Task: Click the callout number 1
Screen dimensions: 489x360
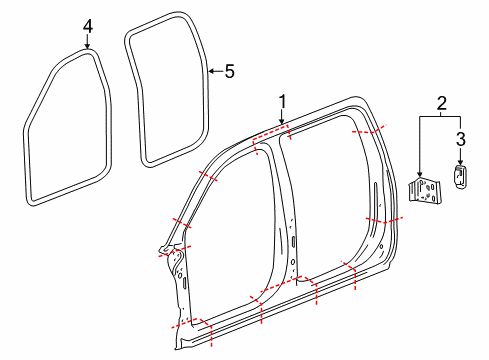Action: click(283, 101)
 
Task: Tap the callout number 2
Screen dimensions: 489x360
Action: click(441, 103)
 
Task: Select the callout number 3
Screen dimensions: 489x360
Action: click(461, 139)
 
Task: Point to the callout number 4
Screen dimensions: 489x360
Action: click(88, 26)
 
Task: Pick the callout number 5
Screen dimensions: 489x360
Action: click(229, 71)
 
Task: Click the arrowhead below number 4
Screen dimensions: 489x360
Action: click(87, 47)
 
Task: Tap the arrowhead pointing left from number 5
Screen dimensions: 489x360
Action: click(211, 71)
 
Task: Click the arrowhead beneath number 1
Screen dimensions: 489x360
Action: click(282, 122)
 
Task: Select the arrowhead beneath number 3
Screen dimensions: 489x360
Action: click(460, 162)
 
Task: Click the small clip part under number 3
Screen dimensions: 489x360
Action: click(460, 176)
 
